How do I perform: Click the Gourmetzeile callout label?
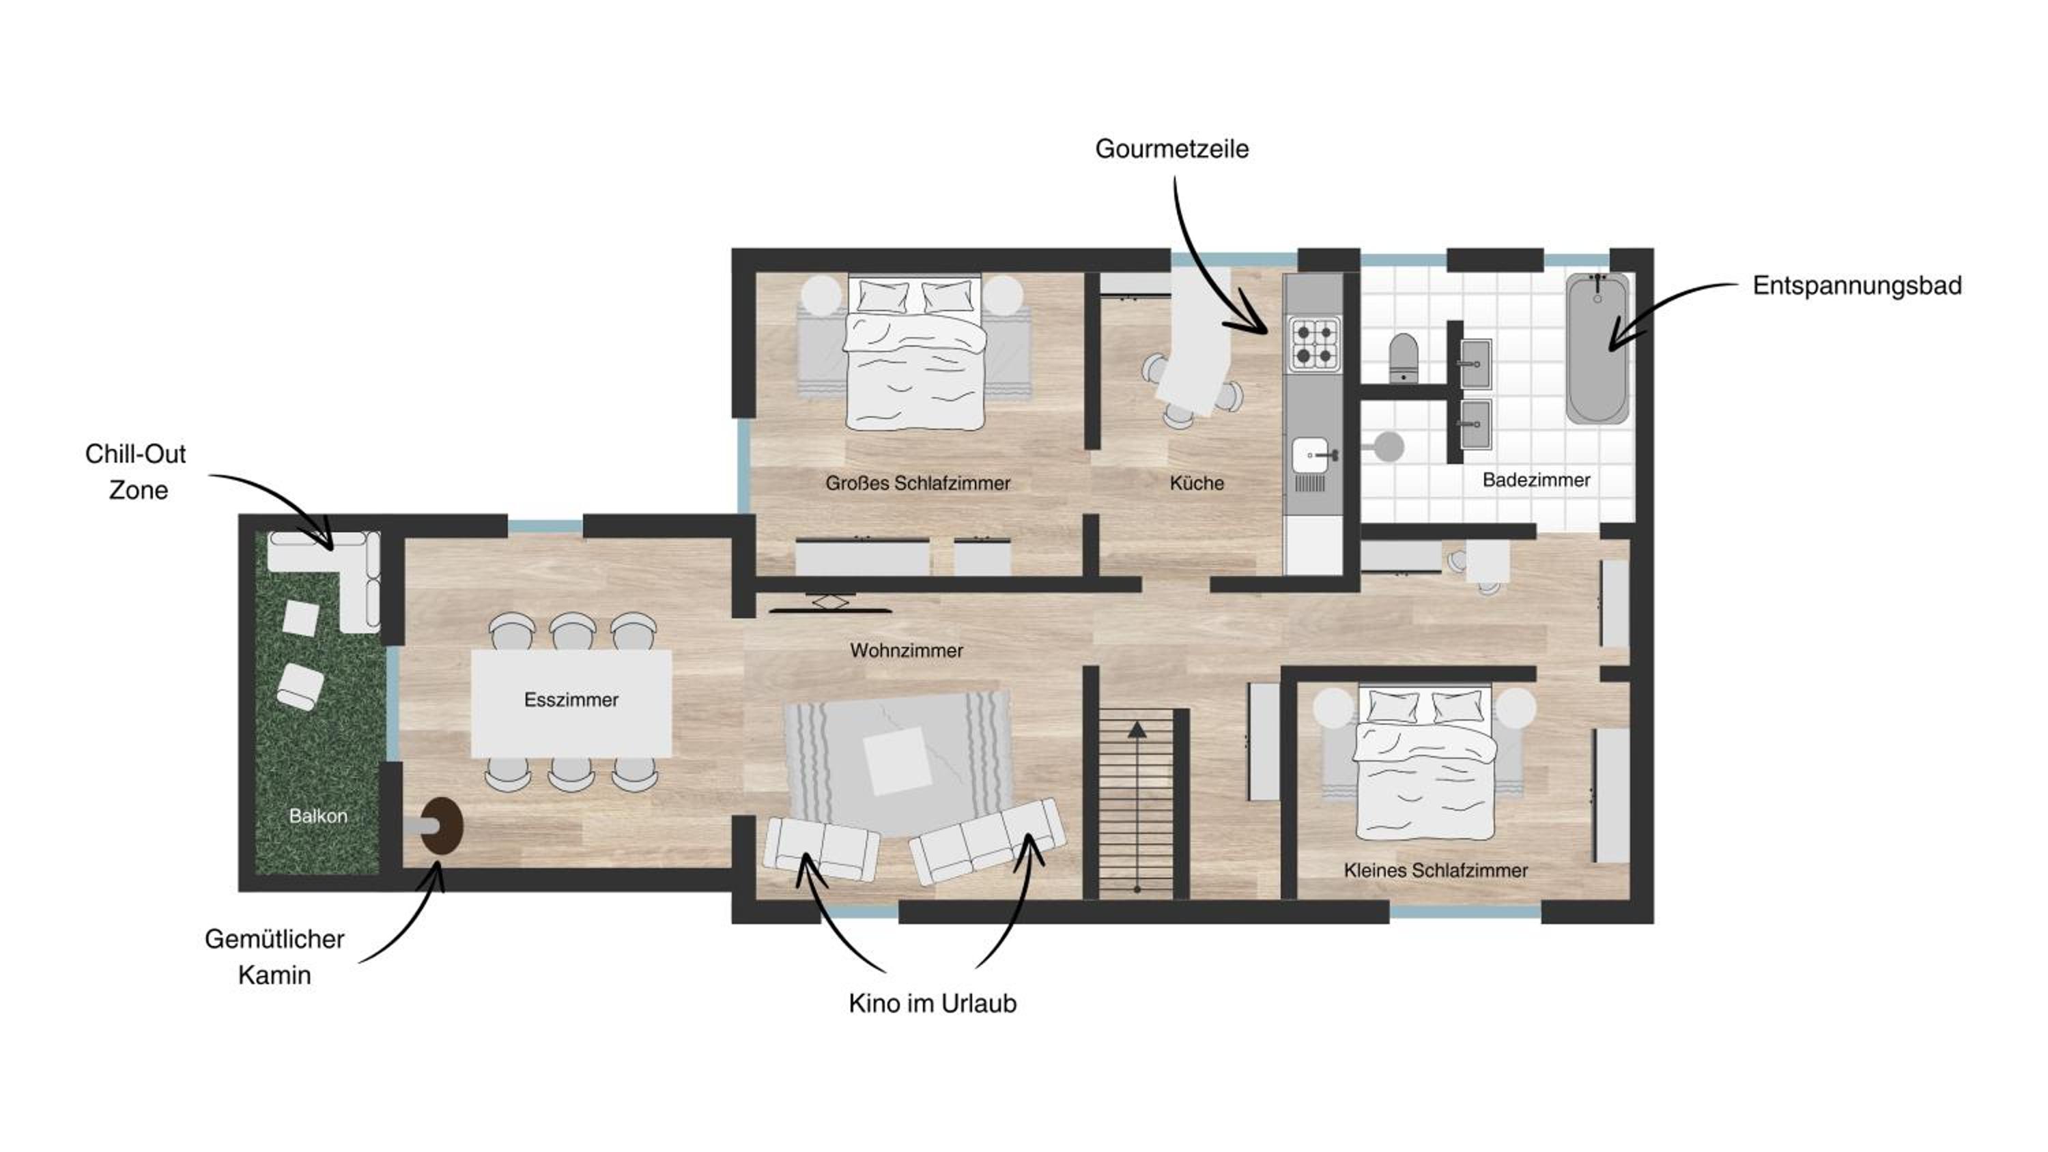coord(1172,149)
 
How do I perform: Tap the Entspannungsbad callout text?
coord(1857,285)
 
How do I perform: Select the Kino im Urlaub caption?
coord(933,1003)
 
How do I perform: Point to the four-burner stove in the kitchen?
coord(1314,343)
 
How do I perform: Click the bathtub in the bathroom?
coord(1597,347)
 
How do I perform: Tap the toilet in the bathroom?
coord(1404,358)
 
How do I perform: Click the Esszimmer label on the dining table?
coord(571,700)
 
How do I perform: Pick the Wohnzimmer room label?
coord(907,650)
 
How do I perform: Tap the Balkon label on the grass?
coord(318,816)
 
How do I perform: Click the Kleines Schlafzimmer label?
coord(1436,871)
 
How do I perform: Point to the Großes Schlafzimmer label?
coord(918,483)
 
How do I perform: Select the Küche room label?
coord(1197,483)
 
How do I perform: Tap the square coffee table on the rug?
coord(897,761)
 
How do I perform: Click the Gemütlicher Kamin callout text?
coord(274,956)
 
